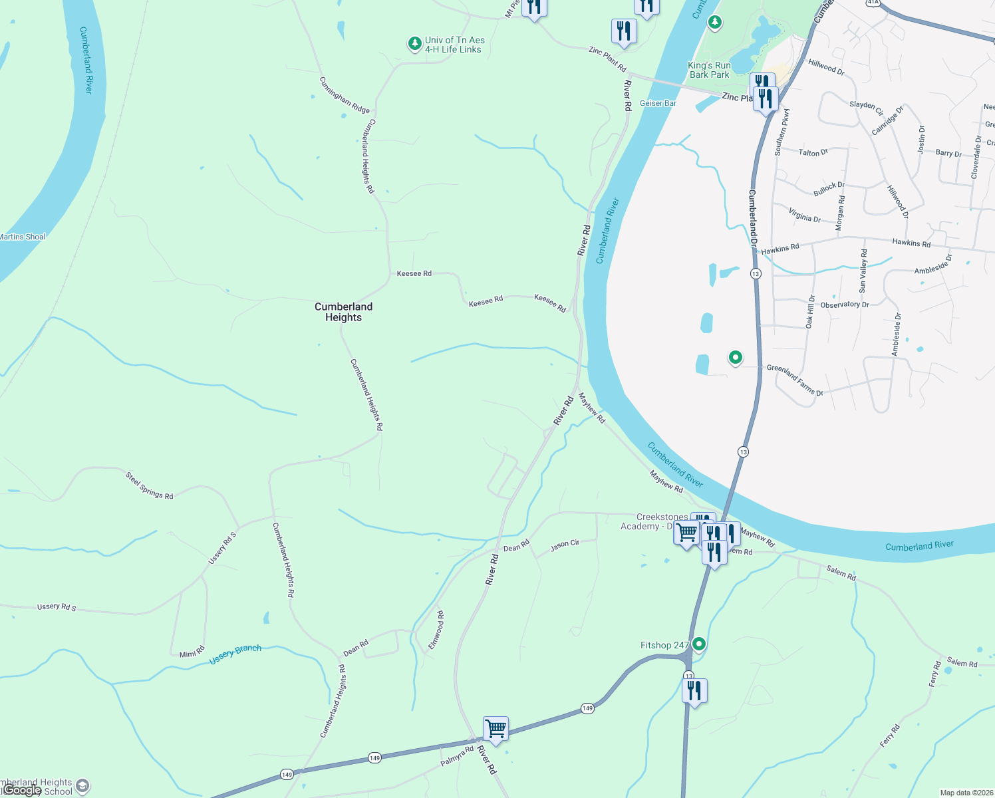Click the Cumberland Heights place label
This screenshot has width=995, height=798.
(x=343, y=312)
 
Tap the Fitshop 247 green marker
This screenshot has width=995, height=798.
(x=699, y=644)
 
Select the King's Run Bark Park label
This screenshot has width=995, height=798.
(x=709, y=70)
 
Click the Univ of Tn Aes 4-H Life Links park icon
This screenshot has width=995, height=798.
(x=414, y=44)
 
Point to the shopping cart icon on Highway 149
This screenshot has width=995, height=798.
(x=496, y=729)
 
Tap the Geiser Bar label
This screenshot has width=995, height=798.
(x=658, y=103)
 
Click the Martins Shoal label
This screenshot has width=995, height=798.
(x=23, y=237)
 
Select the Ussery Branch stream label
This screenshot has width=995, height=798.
(x=235, y=654)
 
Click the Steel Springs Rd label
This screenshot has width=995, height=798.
(x=150, y=485)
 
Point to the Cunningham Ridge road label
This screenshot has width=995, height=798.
(x=344, y=95)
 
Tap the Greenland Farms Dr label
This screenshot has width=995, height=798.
(x=795, y=380)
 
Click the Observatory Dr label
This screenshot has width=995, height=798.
(x=845, y=305)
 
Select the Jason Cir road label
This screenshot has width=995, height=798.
(x=565, y=546)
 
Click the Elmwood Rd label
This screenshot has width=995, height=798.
(x=436, y=630)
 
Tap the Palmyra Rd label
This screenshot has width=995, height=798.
(x=457, y=755)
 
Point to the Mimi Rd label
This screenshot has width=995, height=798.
(x=192, y=652)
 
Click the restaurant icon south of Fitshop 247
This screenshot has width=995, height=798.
(x=694, y=691)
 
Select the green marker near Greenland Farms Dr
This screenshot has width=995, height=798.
(x=735, y=358)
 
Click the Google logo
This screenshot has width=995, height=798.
(x=22, y=790)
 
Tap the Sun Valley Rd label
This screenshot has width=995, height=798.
(x=863, y=271)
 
